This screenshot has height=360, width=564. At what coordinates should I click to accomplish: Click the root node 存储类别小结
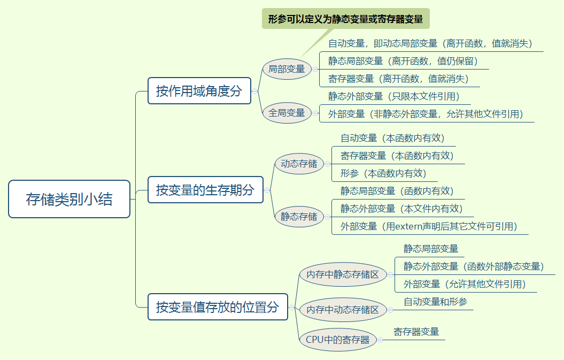coord(69,199)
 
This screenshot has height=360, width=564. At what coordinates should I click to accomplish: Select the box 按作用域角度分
coord(199,91)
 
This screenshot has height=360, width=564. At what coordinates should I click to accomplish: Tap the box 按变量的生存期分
coord(205,190)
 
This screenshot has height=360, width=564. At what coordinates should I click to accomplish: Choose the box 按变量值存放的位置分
coord(218,307)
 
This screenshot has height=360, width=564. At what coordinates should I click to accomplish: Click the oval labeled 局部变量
coord(287,69)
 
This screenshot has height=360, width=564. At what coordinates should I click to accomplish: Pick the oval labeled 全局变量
coord(287,113)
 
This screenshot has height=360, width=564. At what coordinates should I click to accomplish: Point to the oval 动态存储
coord(299,164)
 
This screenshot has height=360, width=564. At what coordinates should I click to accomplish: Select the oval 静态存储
coord(299,217)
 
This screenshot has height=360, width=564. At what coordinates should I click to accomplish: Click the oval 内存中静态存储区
coord(342,274)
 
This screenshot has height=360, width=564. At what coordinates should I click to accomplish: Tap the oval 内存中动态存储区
coord(342,310)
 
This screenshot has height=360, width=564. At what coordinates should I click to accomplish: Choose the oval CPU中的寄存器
coord(337,340)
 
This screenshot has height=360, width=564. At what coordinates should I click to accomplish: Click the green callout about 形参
coord(345,19)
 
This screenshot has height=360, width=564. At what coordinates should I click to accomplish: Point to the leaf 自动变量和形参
coord(435,302)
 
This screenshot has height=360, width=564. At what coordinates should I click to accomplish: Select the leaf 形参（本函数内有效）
coord(383,173)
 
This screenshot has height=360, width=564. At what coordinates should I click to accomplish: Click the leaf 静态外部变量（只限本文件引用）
coord(394,96)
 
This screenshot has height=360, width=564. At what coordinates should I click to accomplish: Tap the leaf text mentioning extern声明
coord(429,226)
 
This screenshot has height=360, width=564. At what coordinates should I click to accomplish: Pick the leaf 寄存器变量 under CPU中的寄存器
coord(416,332)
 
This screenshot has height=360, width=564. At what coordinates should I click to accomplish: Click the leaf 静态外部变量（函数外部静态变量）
coord(473,266)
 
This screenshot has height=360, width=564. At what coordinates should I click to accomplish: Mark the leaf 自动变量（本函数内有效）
coord(392,138)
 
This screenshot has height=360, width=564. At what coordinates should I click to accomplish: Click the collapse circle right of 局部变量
coord(315,69)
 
